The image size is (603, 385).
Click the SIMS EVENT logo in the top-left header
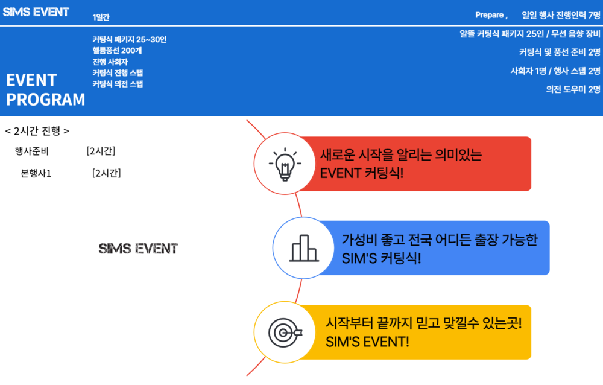(x=36, y=12)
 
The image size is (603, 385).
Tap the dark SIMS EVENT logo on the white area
(x=139, y=249)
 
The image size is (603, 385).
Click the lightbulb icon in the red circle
(x=285, y=164)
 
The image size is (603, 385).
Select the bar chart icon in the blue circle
(x=304, y=249)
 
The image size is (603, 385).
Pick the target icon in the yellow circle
(x=285, y=332)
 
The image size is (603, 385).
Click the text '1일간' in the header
(x=101, y=17)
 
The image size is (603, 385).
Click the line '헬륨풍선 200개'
(x=118, y=51)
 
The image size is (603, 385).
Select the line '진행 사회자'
(x=110, y=62)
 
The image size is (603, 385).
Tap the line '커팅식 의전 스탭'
(x=118, y=84)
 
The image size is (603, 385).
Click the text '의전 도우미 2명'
(x=573, y=89)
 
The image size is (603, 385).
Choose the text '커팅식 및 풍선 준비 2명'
(x=560, y=52)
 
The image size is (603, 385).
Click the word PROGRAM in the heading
(x=46, y=100)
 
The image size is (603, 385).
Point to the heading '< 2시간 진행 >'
(x=37, y=131)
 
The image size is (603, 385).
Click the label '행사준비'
(x=32, y=151)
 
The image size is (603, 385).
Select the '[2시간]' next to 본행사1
(x=107, y=173)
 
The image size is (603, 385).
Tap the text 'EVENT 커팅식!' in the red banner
(x=361, y=173)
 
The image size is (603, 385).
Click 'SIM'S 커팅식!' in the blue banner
(x=381, y=258)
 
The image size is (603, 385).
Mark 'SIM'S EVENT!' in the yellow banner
(x=367, y=342)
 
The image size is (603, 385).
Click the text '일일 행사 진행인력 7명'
(x=561, y=16)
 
